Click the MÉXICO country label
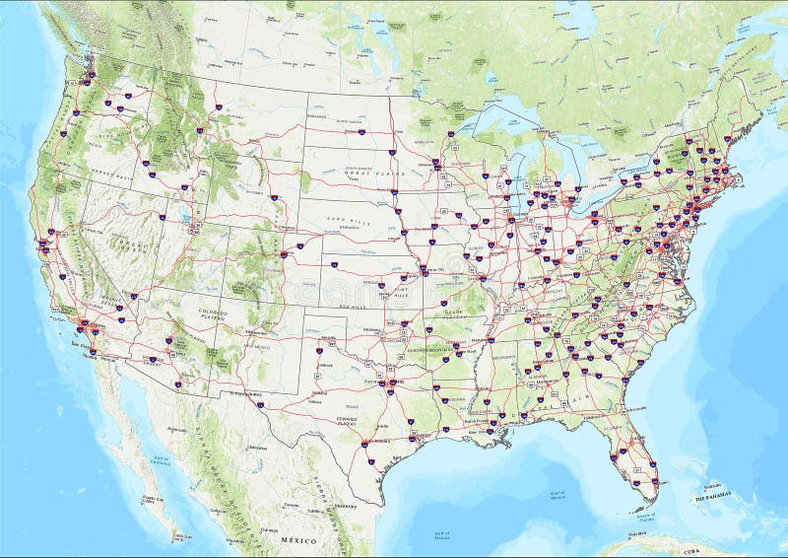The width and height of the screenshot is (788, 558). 300,541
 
